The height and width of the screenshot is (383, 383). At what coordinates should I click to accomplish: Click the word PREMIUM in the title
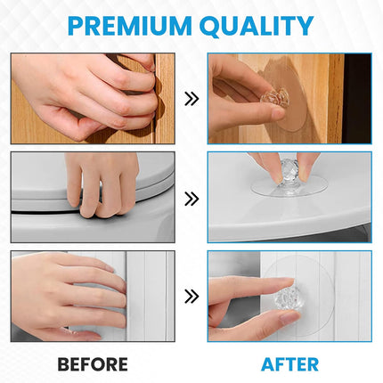point(130,26)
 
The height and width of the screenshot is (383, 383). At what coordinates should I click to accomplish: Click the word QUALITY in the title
point(258,26)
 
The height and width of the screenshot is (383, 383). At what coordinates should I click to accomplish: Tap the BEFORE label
point(93,364)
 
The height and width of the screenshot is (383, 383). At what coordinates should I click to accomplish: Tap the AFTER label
point(289,364)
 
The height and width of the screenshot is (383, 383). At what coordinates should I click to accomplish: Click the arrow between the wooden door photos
point(191,99)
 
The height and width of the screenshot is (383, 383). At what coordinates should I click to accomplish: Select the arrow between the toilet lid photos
point(191,199)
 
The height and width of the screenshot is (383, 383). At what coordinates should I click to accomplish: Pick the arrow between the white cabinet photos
point(191,297)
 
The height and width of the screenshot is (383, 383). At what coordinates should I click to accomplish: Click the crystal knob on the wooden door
point(275,97)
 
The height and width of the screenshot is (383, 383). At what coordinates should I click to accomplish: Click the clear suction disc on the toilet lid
point(289,186)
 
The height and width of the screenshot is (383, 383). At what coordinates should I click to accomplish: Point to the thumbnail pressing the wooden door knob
point(279,113)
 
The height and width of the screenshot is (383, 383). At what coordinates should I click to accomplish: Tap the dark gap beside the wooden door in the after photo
point(357,98)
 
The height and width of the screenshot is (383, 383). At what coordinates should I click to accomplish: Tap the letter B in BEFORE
point(63,364)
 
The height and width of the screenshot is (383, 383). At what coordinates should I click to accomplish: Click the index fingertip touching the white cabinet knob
point(289,281)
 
